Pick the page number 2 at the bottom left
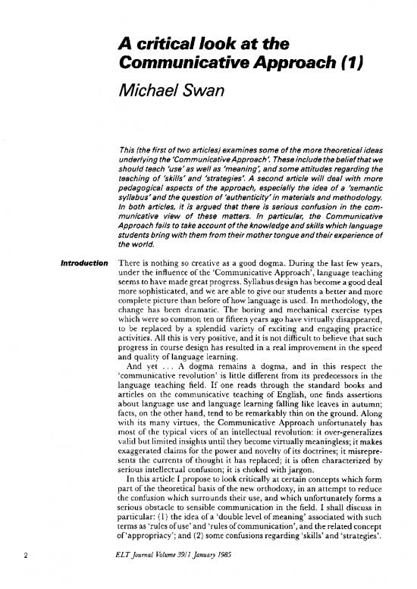tap(28, 560)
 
